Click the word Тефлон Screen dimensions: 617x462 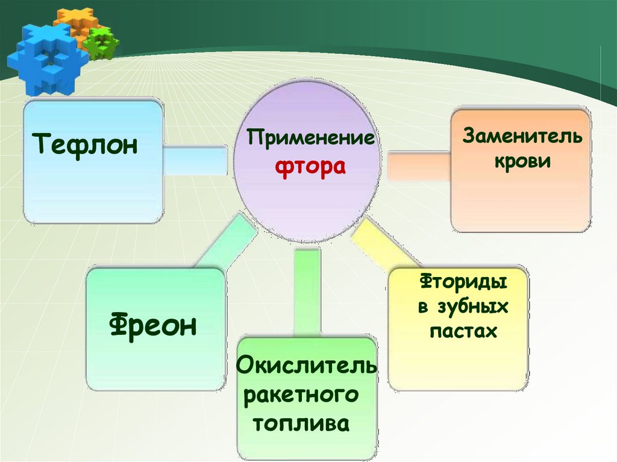pos(86,146)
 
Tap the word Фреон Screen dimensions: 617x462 pos(154,325)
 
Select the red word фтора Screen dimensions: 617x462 pos(310,167)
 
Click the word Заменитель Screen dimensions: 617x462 pos(522,136)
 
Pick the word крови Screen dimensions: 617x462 pos(522,161)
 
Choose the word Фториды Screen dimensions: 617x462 pos(462,282)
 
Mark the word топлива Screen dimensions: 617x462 pos(301,422)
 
